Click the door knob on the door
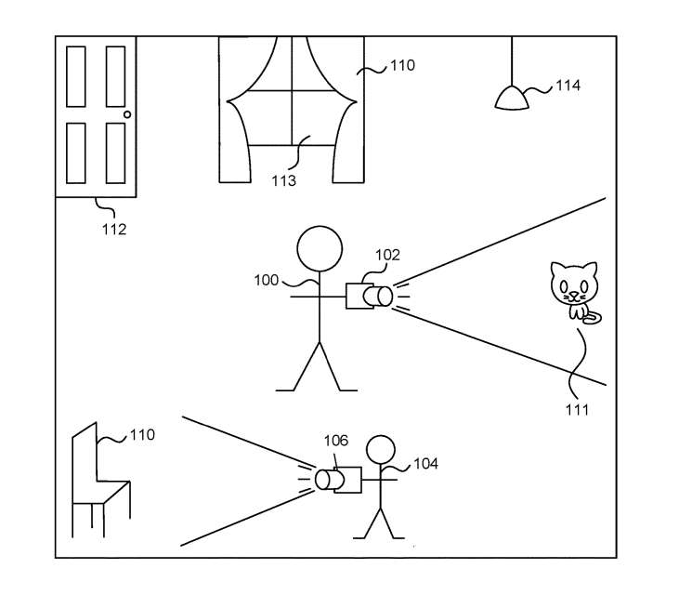click(128, 115)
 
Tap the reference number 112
click(113, 229)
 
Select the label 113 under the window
click(283, 181)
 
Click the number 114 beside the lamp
click(568, 86)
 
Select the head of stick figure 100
click(320, 250)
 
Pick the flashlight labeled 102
click(369, 296)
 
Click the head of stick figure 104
click(380, 451)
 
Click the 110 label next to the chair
click(142, 435)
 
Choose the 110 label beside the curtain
click(402, 66)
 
